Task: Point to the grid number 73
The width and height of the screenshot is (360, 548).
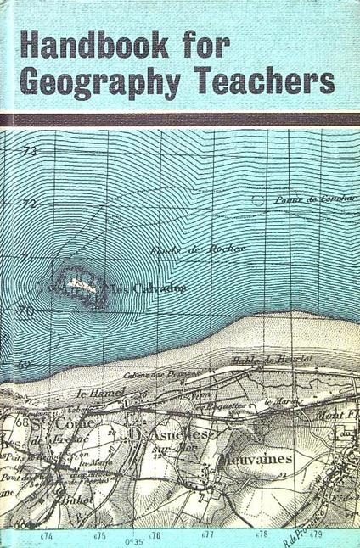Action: click(x=54, y=151)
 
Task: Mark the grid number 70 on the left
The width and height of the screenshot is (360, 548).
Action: click(x=50, y=311)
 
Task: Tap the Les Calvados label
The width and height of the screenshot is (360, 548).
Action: click(x=155, y=288)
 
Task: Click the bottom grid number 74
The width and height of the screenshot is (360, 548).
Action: click(x=44, y=535)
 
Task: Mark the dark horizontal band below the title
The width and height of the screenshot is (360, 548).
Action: click(x=180, y=120)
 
